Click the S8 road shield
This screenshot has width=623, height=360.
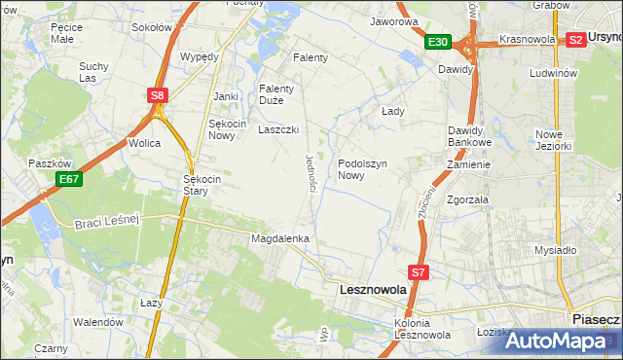click(x=158, y=94)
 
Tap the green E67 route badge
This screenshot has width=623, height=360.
click(x=68, y=179)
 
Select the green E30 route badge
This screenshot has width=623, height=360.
click(x=437, y=42)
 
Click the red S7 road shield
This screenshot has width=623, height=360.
click(x=418, y=273)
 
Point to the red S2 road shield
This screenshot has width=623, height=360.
click(x=575, y=40)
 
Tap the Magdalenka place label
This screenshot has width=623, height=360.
click(x=280, y=238)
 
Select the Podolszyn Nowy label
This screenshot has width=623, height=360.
click(x=364, y=170)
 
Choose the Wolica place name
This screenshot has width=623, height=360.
click(x=144, y=143)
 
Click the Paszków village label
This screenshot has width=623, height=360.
click(x=47, y=163)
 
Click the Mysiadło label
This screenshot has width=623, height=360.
click(x=556, y=250)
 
